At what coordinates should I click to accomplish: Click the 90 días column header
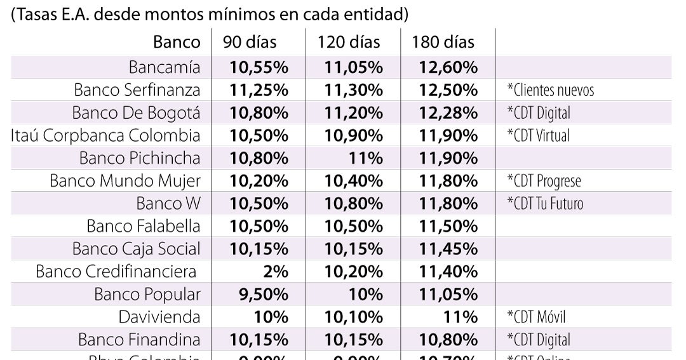250,43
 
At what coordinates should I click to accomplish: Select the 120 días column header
349,43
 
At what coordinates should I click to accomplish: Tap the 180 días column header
443,43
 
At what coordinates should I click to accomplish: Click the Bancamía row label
165,67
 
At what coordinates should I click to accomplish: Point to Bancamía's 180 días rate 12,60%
448,67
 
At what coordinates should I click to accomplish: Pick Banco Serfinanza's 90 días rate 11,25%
259,90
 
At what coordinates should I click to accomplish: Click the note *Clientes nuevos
550,90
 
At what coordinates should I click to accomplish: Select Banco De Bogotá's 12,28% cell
448,112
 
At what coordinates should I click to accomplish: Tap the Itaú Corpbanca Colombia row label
105,135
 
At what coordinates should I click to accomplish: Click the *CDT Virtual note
538,135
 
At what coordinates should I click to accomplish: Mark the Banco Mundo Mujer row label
125,181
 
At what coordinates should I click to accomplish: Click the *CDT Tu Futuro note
544,203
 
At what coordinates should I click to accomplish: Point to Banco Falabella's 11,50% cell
448,226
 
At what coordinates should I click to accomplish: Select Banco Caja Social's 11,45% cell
448,249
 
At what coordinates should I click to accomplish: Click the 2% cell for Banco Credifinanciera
275,272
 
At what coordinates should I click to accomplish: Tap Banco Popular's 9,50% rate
262,295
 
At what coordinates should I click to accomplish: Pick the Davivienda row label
159,317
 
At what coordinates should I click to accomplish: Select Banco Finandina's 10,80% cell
448,340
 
